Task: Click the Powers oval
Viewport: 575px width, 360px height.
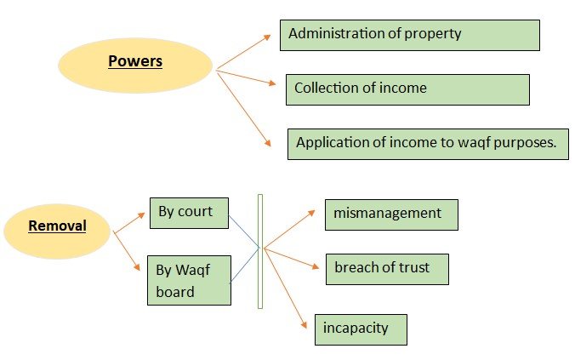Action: pyautogui.click(x=134, y=64)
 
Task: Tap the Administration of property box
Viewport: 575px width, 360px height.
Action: pyautogui.click(x=410, y=35)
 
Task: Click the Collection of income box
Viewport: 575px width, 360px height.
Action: pyautogui.click(x=407, y=89)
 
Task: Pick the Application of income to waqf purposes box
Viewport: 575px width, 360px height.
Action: pyautogui.click(x=426, y=143)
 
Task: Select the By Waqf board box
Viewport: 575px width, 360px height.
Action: pyautogui.click(x=189, y=280)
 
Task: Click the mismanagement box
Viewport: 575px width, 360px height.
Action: pyautogui.click(x=391, y=214)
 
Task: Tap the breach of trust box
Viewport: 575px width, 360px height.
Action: pyautogui.click(x=386, y=268)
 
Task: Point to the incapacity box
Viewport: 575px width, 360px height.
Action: pyautogui.click(x=361, y=329)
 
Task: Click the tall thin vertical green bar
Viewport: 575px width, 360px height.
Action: pyautogui.click(x=260, y=250)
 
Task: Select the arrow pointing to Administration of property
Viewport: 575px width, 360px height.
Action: pyautogui.click(x=248, y=52)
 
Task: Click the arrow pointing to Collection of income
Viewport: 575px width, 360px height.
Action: pyautogui.click(x=247, y=77)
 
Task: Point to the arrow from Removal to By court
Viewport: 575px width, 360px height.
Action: pyautogui.click(x=129, y=222)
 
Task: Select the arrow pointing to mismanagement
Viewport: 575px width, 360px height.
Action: pyautogui.click(x=289, y=229)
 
